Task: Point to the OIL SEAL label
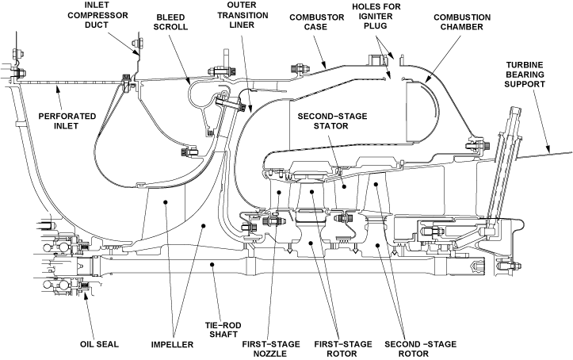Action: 98,345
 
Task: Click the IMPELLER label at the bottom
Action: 174,345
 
